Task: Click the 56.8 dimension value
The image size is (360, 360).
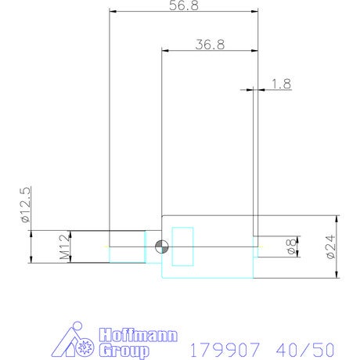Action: tap(184, 5)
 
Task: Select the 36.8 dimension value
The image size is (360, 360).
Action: tap(210, 45)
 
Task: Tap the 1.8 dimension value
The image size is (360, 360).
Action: tap(281, 84)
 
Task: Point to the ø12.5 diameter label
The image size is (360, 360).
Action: tap(26, 205)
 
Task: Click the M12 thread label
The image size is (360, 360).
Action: tap(65, 247)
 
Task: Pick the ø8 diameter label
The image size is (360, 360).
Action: tap(291, 247)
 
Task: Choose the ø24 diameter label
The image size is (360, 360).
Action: tap(330, 247)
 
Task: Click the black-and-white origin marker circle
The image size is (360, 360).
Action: tap(162, 247)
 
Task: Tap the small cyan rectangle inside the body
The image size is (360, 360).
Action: tap(182, 247)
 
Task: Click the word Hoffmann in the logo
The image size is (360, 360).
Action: tap(139, 335)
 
